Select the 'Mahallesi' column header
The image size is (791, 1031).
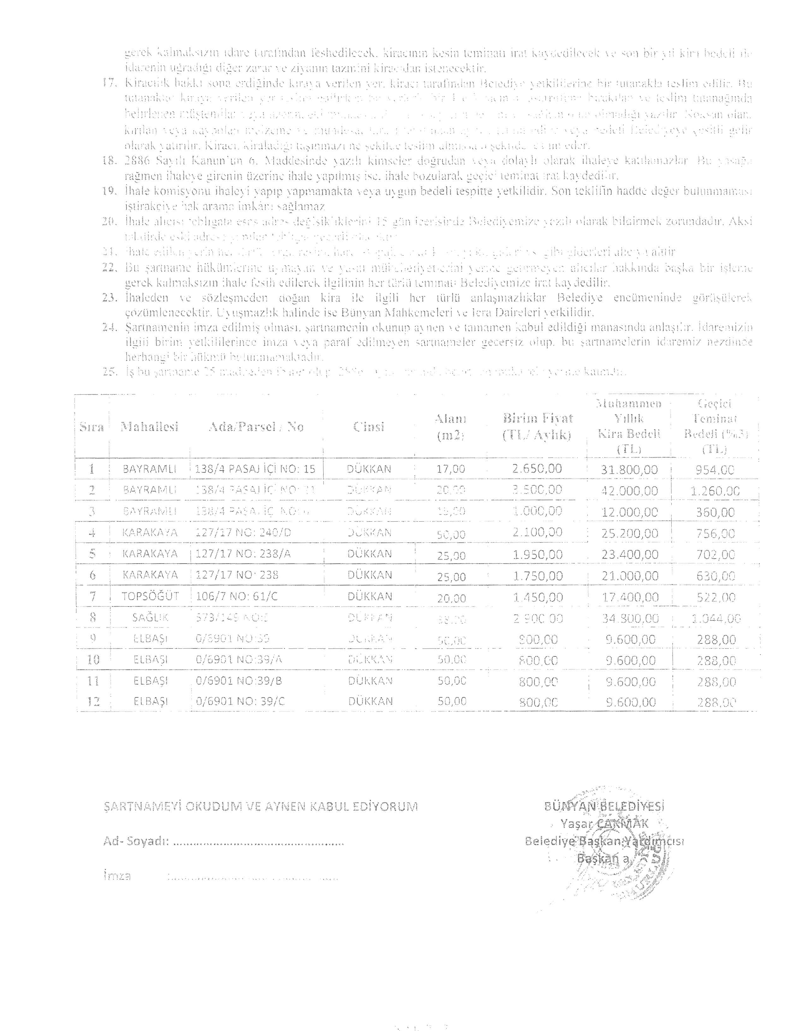point(149,427)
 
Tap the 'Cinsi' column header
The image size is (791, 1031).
point(369,427)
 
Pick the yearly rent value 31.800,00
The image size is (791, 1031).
point(629,470)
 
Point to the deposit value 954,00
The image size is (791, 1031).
point(714,470)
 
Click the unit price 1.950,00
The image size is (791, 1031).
point(538,554)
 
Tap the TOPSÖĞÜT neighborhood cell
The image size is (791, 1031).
point(150,596)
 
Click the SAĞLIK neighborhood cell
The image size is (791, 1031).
point(150,618)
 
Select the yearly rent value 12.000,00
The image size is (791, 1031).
point(629,512)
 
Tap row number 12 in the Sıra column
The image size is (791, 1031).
point(93,702)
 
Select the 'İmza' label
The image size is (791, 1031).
point(117,876)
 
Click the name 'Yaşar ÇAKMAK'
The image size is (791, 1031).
point(604,823)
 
